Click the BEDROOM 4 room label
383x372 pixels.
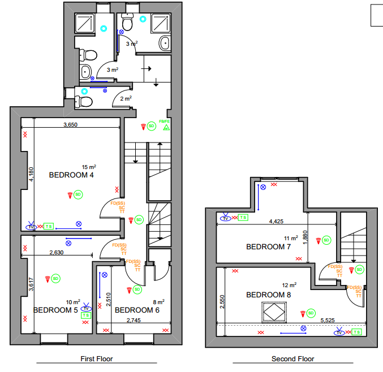(71, 175)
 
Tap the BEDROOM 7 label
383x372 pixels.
(269, 247)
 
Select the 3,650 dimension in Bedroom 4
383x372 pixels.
(70, 125)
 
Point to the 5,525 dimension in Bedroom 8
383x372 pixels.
(328, 320)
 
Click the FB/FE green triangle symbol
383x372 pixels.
(166, 127)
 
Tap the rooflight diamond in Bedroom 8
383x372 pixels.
(274, 312)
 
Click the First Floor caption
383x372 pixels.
(97, 359)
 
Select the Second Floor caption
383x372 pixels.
(293, 359)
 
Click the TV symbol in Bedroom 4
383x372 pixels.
(31, 227)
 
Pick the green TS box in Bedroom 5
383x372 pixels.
(86, 315)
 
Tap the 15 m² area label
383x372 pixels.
(89, 167)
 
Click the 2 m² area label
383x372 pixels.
(126, 98)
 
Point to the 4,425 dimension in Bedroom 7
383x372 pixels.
(276, 222)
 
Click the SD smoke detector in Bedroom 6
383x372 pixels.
(137, 289)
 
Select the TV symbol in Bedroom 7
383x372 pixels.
(226, 218)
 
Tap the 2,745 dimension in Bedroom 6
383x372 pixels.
(134, 320)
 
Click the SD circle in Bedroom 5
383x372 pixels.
(55, 279)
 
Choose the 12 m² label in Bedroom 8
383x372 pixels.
(290, 285)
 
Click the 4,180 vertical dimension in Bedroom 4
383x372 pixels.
(31, 174)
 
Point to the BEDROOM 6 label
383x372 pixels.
(137, 310)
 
